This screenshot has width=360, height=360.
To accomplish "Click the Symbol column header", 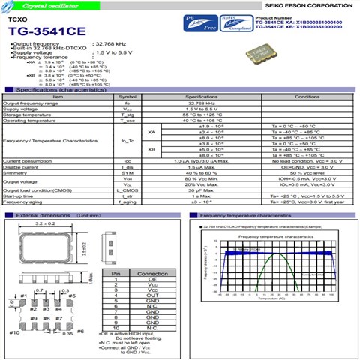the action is [127, 97].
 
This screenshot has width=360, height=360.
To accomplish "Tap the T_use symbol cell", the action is [127, 121].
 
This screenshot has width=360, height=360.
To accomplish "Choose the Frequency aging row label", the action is [23, 202].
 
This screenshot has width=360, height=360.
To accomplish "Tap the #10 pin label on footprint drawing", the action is [14, 331].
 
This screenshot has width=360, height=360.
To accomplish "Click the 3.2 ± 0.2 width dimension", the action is [45, 224].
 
